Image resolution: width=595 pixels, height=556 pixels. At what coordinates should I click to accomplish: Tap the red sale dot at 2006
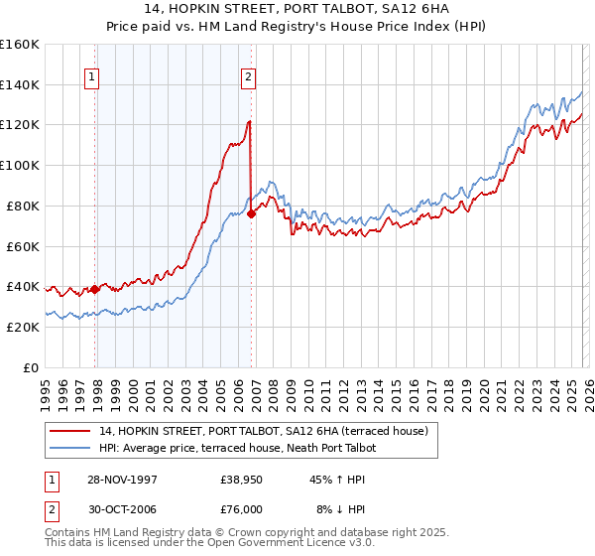(252, 212)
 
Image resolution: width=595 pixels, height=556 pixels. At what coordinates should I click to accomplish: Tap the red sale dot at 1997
(95, 289)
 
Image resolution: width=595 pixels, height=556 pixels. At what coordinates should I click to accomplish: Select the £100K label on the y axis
(20, 166)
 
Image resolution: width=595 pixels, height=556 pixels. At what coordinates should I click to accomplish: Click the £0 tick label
(29, 367)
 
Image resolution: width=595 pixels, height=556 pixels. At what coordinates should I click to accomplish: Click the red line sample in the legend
(70, 431)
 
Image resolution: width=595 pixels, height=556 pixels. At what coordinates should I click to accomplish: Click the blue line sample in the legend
(70, 448)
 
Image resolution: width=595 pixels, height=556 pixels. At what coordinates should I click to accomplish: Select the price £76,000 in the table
(242, 509)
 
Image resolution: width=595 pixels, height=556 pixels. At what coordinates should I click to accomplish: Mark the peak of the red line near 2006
(249, 121)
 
